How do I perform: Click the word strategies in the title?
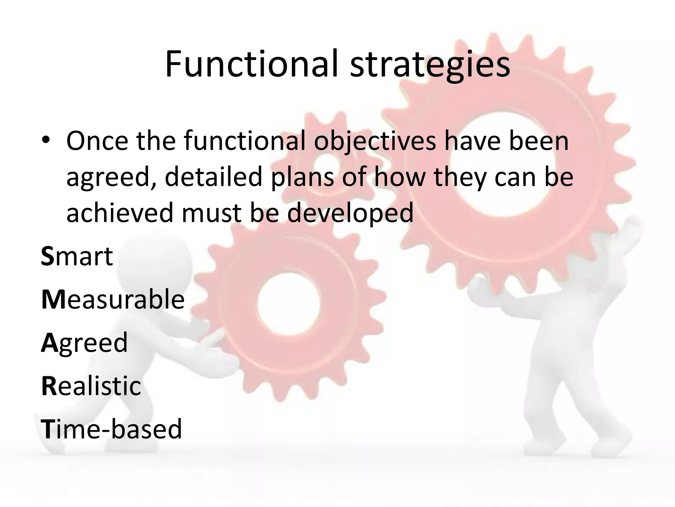tap(430, 66)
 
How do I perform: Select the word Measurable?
tap(113, 299)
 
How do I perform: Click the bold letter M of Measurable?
tap(54, 299)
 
